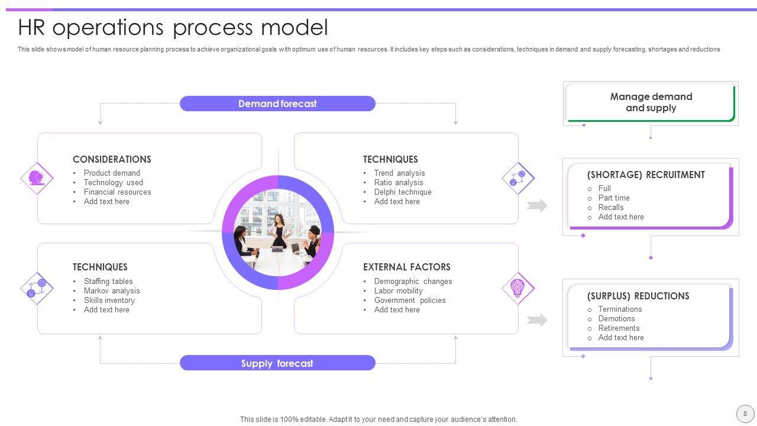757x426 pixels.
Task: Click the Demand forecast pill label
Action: pyautogui.click(x=277, y=104)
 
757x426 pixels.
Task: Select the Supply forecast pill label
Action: pyautogui.click(x=277, y=363)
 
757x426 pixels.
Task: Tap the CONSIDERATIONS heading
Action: pyautogui.click(x=112, y=159)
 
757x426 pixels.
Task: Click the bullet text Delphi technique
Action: pyautogui.click(x=403, y=192)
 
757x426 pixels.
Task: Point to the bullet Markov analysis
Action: pyautogui.click(x=112, y=291)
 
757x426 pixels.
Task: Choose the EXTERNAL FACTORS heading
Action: pyautogui.click(x=406, y=267)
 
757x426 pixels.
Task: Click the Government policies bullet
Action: pyautogui.click(x=410, y=301)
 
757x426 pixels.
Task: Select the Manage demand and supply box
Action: pyautogui.click(x=651, y=102)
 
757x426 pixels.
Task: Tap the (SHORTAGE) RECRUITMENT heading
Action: pyautogui.click(x=646, y=175)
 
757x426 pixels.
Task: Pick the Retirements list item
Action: pyautogui.click(x=619, y=328)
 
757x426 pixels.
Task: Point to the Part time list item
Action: pyautogui.click(x=614, y=198)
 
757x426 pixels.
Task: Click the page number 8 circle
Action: pyautogui.click(x=745, y=414)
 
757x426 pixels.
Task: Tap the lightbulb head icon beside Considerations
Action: pyautogui.click(x=37, y=177)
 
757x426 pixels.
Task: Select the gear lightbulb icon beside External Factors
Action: pyautogui.click(x=518, y=288)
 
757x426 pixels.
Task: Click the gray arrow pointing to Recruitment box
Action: pyautogui.click(x=537, y=205)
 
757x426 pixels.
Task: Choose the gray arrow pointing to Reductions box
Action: pyautogui.click(x=537, y=320)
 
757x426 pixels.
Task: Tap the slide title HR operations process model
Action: pyautogui.click(x=173, y=28)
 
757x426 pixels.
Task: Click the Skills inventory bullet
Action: pyautogui.click(x=109, y=301)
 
